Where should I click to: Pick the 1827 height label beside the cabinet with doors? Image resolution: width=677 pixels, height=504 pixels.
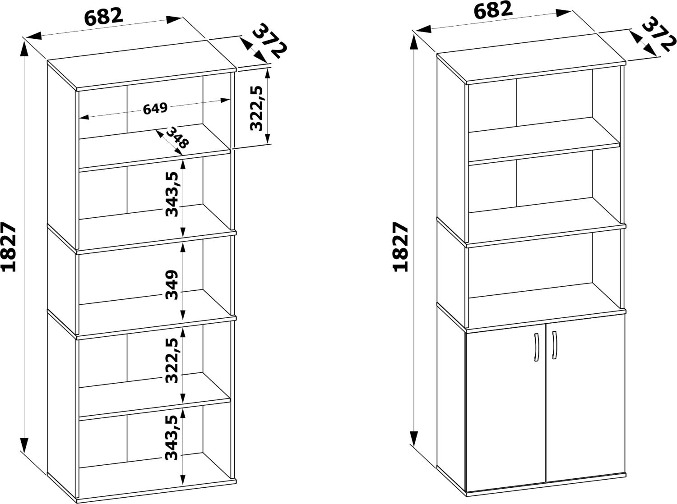(401, 247)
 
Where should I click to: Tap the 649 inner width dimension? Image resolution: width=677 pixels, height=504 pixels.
(155, 108)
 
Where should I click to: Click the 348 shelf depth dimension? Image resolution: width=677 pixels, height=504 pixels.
(177, 137)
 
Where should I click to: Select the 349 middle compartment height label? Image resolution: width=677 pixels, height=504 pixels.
(172, 285)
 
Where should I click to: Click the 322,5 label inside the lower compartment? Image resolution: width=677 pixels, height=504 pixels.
(172, 361)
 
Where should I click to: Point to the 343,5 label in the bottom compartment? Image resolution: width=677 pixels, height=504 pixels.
(172, 437)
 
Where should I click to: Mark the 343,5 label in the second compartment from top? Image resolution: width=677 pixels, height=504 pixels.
(172, 194)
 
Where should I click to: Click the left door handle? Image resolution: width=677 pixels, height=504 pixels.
(536, 347)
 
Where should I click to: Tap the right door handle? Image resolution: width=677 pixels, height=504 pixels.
(554, 345)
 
